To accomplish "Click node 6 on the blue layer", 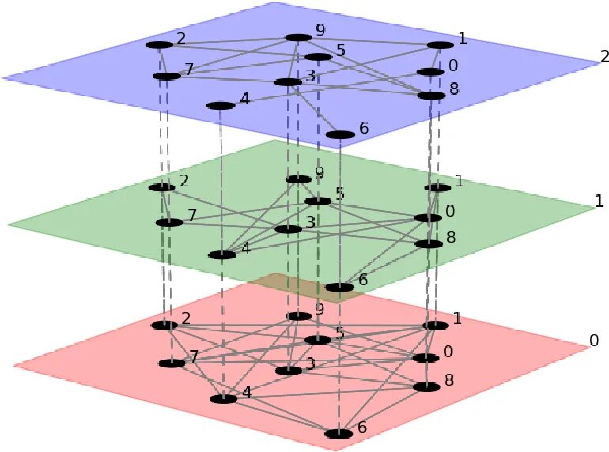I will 340,134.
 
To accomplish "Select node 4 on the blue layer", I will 219,106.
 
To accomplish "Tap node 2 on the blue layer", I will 159,45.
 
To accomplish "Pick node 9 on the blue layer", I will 297,37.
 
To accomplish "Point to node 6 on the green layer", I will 339,287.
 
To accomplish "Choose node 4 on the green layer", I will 222,255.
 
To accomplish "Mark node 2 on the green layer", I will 161,187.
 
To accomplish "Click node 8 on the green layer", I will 429,244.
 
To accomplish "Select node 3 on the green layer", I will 288,230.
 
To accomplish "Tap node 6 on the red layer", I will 339,434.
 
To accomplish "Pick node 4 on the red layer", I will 224,399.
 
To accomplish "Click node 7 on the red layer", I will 171,363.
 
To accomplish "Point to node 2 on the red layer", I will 165,325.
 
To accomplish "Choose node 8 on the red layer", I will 426,387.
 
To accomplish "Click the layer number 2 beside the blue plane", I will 604,56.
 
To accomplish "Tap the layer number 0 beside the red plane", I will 594,341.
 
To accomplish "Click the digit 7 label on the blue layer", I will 188,70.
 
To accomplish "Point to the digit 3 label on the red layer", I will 311,363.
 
